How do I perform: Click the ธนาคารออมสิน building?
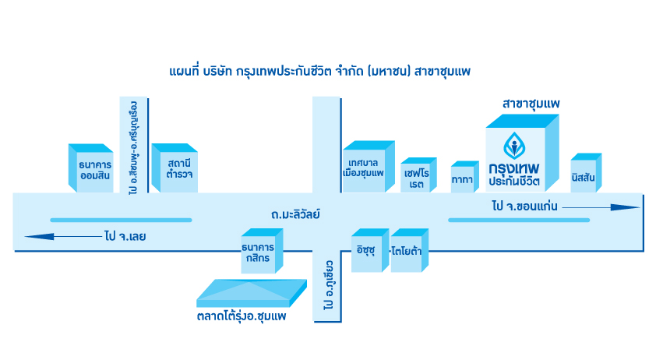tap(91, 168)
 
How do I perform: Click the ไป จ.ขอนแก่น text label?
tap(523, 207)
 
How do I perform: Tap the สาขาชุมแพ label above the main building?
tap(531, 103)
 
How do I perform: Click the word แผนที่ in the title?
tap(184, 72)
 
